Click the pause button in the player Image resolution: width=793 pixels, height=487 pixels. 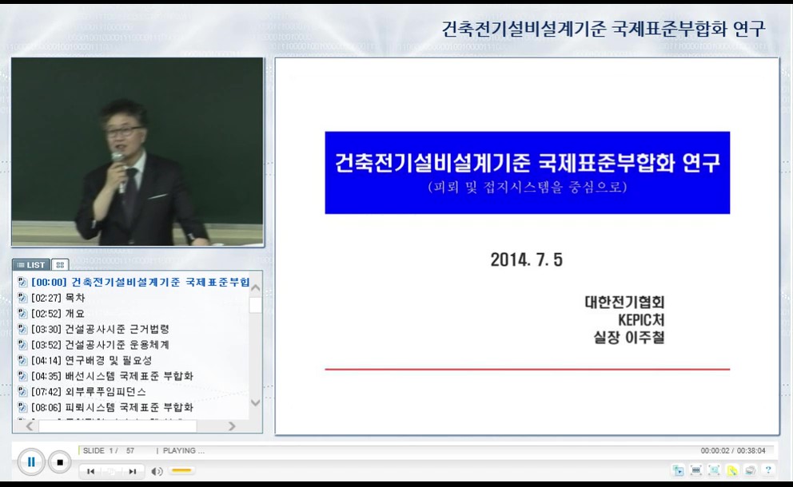31,461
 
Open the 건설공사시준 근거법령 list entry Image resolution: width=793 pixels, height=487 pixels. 117,329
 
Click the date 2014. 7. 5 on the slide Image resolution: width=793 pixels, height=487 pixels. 527,259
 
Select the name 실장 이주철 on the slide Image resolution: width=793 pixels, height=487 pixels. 624,337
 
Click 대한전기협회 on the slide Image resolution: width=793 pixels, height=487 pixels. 624,303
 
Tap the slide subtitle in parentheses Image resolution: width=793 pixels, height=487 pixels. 527,188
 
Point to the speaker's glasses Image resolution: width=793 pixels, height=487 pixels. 124,131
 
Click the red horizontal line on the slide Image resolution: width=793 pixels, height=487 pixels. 527,370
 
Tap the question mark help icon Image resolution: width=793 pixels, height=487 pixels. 768,470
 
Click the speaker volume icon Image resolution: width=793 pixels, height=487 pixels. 157,471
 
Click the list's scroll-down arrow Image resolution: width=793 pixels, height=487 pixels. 256,403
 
